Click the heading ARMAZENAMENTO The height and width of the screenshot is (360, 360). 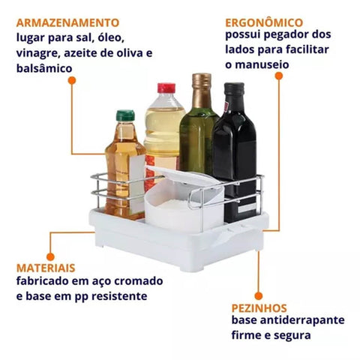[x=67, y=22]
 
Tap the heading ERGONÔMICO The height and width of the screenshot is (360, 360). [x=264, y=22]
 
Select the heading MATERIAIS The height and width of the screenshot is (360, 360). [x=46, y=268]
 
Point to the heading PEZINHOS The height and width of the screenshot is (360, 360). [x=259, y=308]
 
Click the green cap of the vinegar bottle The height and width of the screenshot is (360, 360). [x=125, y=115]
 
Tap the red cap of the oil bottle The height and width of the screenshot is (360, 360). [x=166, y=88]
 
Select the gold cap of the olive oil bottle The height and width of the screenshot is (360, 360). [x=202, y=80]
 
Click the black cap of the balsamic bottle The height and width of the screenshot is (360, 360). [x=234, y=88]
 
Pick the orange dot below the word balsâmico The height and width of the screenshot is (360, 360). [x=72, y=80]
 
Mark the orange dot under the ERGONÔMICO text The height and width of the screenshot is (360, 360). [x=279, y=76]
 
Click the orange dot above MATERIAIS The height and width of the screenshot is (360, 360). [x=50, y=256]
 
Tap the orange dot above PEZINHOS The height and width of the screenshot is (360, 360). [x=259, y=296]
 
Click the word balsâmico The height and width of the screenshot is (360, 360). [x=44, y=68]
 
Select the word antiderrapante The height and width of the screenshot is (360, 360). [x=302, y=320]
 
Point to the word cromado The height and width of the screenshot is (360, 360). [x=139, y=281]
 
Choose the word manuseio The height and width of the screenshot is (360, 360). [x=262, y=64]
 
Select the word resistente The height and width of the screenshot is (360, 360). [x=119, y=296]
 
